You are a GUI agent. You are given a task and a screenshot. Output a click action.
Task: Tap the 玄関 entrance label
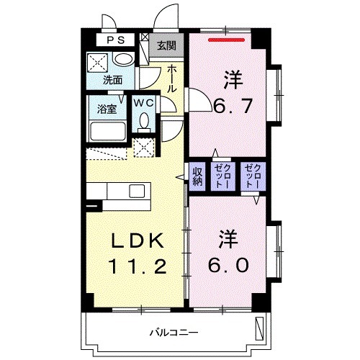point(166,45)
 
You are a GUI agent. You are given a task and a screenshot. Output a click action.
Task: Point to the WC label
point(144,103)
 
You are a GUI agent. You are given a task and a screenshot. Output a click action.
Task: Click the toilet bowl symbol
point(145,122)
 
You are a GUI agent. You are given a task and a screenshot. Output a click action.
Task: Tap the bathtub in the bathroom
point(108,132)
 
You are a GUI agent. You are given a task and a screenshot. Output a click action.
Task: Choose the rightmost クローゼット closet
point(253,176)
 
